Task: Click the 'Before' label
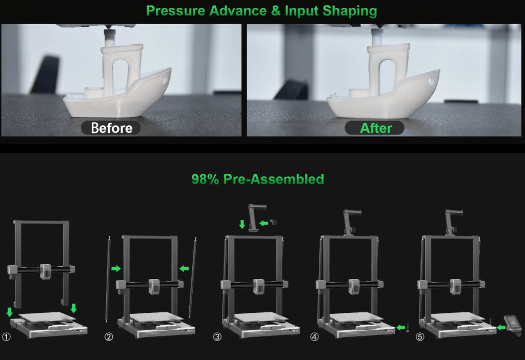point(111,128)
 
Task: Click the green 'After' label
point(376,128)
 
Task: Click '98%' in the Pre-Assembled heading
point(205,179)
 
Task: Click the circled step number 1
point(6,336)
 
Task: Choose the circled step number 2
point(109,336)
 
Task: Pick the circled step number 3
point(217,336)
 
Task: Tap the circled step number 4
point(314,336)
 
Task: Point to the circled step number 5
point(420,336)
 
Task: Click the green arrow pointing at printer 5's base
point(501,327)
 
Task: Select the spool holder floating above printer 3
point(256,217)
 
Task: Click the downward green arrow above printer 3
point(242,224)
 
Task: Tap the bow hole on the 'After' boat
point(432,81)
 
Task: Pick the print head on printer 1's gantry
point(46,271)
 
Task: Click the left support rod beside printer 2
point(108,278)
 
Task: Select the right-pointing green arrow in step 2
point(116,268)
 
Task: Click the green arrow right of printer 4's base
point(400,327)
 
